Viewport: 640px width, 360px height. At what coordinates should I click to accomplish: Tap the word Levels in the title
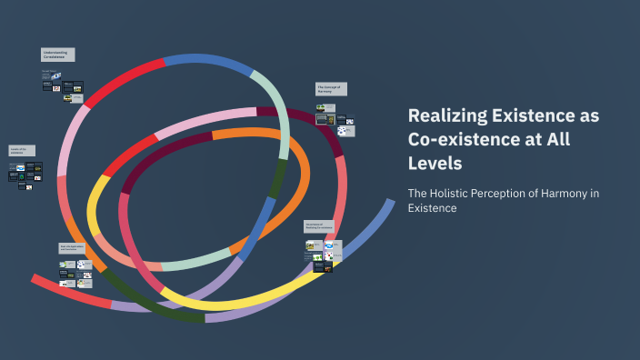[x=435, y=164]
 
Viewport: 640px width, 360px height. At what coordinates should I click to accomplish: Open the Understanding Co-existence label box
[x=57, y=55]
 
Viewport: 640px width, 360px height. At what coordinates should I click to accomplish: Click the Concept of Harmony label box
[x=331, y=89]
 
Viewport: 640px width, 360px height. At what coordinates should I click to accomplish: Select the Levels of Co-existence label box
[x=23, y=150]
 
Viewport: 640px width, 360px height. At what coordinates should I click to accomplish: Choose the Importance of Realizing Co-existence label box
[x=319, y=225]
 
